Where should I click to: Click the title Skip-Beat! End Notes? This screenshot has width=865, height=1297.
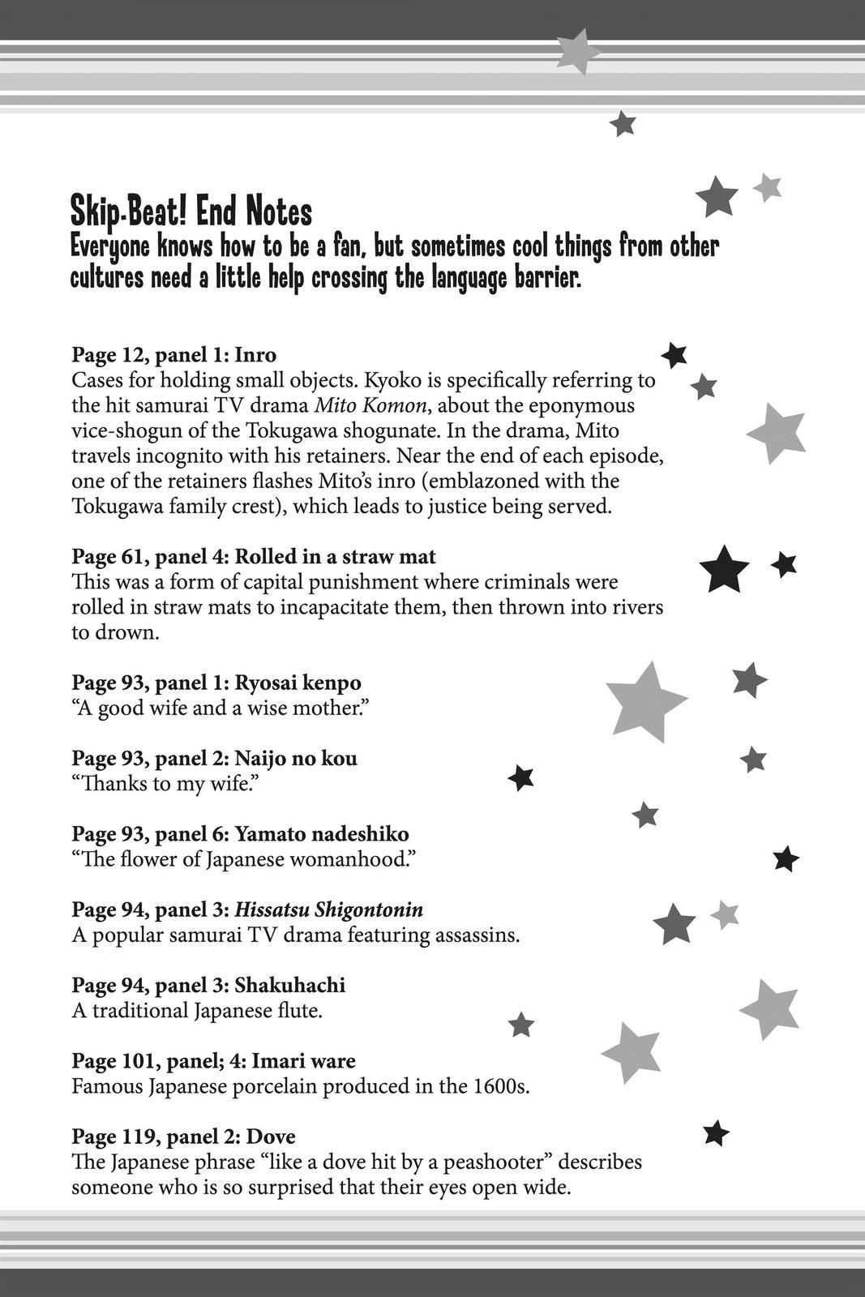tap(191, 212)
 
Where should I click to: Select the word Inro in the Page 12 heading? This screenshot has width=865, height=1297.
tap(255, 355)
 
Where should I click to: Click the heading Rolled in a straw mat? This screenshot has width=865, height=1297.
tap(335, 557)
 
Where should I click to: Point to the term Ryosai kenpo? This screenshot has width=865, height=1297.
tap(298, 683)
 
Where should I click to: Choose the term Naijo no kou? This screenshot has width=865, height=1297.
tap(295, 759)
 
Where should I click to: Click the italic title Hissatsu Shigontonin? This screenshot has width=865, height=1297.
tap(328, 910)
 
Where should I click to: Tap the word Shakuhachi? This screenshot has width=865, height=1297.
tap(289, 985)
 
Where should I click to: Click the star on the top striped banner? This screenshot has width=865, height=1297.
tap(577, 51)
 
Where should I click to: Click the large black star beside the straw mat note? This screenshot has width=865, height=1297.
tap(724, 570)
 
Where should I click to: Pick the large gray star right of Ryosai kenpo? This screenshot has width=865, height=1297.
tap(644, 701)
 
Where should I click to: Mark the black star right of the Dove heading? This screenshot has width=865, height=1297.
tap(716, 1133)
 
